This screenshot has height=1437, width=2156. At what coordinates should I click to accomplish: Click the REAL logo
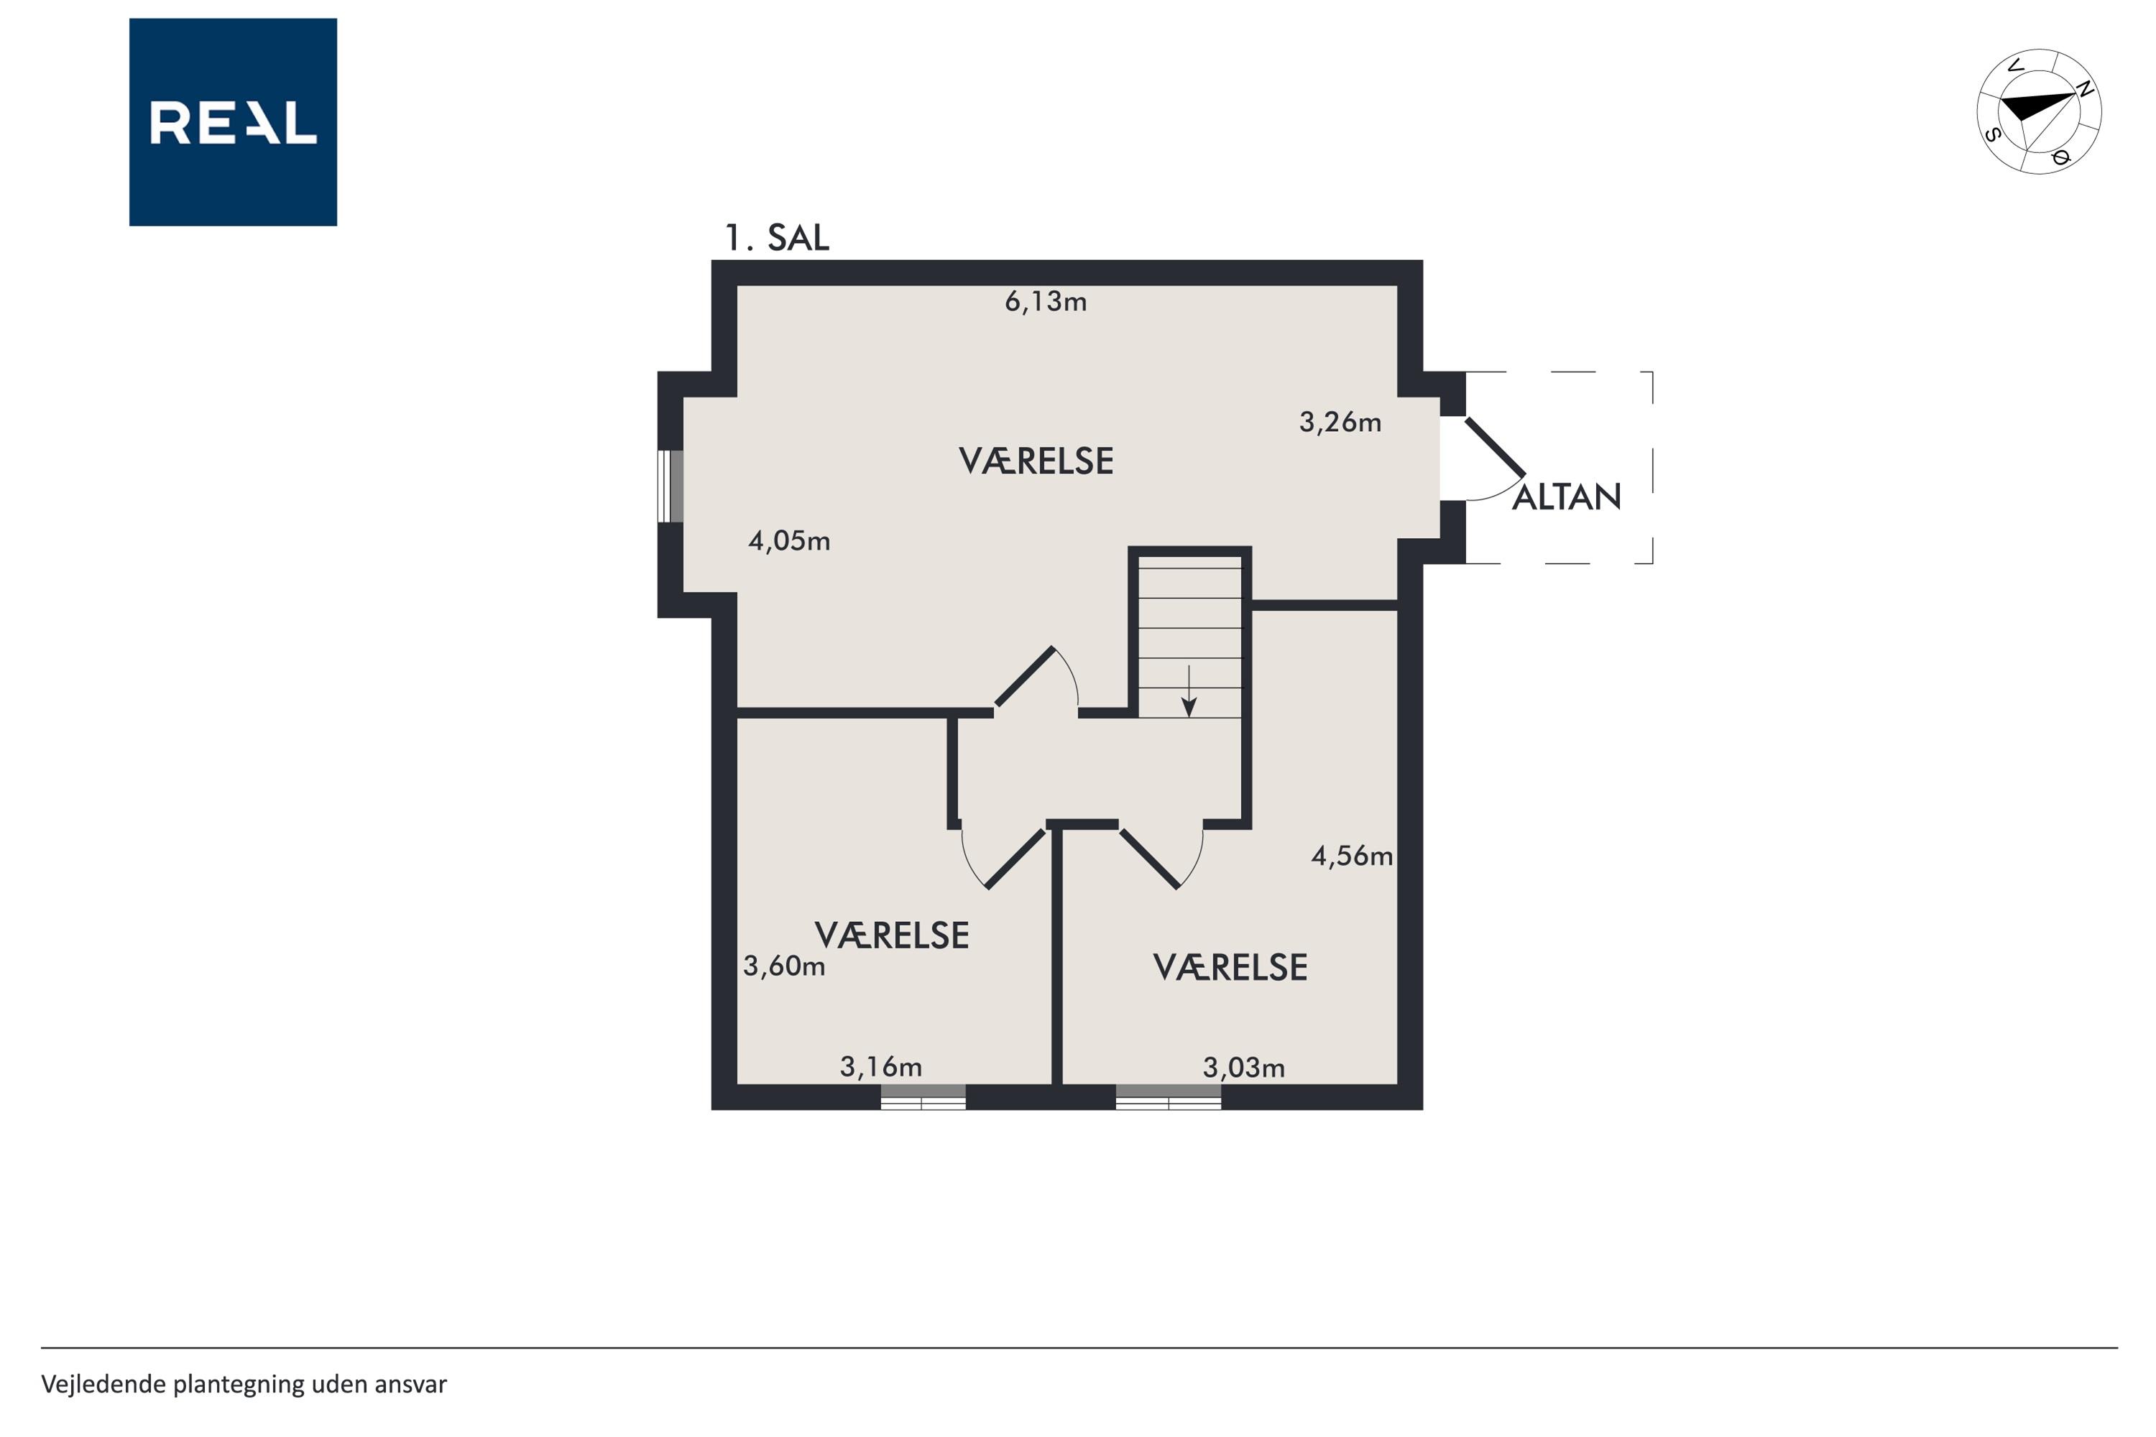(x=233, y=122)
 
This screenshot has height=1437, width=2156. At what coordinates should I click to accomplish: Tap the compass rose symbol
(x=2039, y=111)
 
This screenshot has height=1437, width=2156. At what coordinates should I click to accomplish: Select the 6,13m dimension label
(x=1046, y=302)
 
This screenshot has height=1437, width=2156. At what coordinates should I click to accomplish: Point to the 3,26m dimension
(x=1340, y=422)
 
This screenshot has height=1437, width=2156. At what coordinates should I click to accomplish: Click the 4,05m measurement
(x=789, y=542)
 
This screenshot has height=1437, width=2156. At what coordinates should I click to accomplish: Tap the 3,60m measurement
(x=784, y=966)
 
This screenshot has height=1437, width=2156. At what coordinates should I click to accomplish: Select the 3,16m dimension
(x=881, y=1067)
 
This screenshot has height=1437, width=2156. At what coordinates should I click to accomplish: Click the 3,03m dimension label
(x=1244, y=1068)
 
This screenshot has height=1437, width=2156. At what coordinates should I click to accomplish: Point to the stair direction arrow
(x=1189, y=691)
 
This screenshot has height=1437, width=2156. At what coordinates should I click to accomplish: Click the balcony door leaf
(x=1495, y=448)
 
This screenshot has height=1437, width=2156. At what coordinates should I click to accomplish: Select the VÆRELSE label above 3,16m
(x=892, y=935)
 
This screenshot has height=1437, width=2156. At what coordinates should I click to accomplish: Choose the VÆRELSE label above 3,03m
(x=1230, y=968)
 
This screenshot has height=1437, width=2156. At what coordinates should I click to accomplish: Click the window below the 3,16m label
(x=923, y=1097)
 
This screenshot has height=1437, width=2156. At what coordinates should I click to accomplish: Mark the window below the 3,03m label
(x=1169, y=1097)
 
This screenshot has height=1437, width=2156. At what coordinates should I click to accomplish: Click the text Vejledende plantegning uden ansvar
(x=244, y=1384)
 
